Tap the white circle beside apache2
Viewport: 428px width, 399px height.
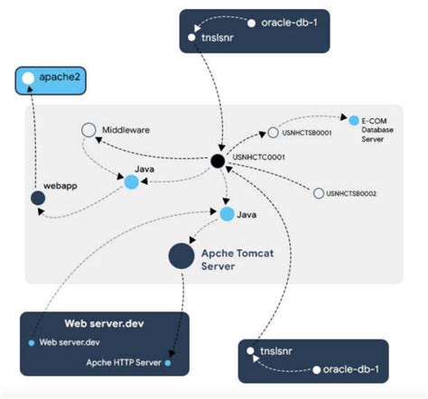coord(28,79)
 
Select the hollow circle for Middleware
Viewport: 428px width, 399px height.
coord(88,131)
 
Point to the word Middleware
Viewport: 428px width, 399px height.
coord(126,130)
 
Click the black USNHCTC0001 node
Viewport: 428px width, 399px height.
coord(217,161)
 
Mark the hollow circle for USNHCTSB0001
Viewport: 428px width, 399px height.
coord(273,134)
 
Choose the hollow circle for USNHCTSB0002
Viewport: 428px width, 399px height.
coord(317,193)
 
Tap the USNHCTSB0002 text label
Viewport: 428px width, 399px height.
coord(352,193)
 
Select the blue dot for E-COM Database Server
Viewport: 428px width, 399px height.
coord(354,120)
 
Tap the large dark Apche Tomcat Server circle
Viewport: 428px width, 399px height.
coord(181,255)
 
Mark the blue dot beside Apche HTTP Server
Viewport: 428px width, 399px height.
coord(168,363)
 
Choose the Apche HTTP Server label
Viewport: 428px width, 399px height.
coord(124,363)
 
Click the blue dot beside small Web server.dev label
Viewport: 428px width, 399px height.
coord(32,343)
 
